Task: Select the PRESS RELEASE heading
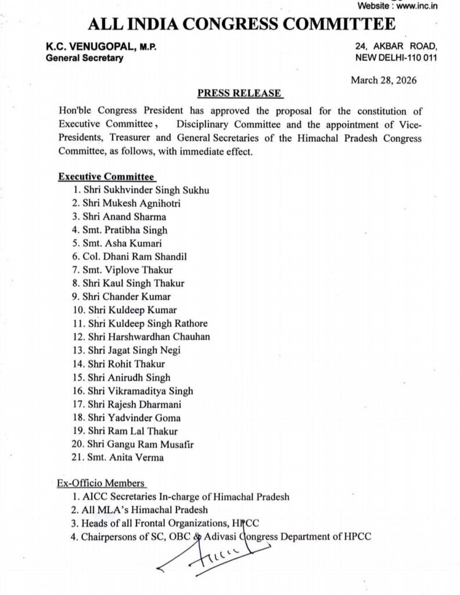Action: coord(239,93)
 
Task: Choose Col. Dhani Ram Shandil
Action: coord(135,257)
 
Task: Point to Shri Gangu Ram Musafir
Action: coord(141,444)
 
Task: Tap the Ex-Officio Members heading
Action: coord(101,483)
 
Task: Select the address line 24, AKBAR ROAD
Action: coord(396,46)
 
